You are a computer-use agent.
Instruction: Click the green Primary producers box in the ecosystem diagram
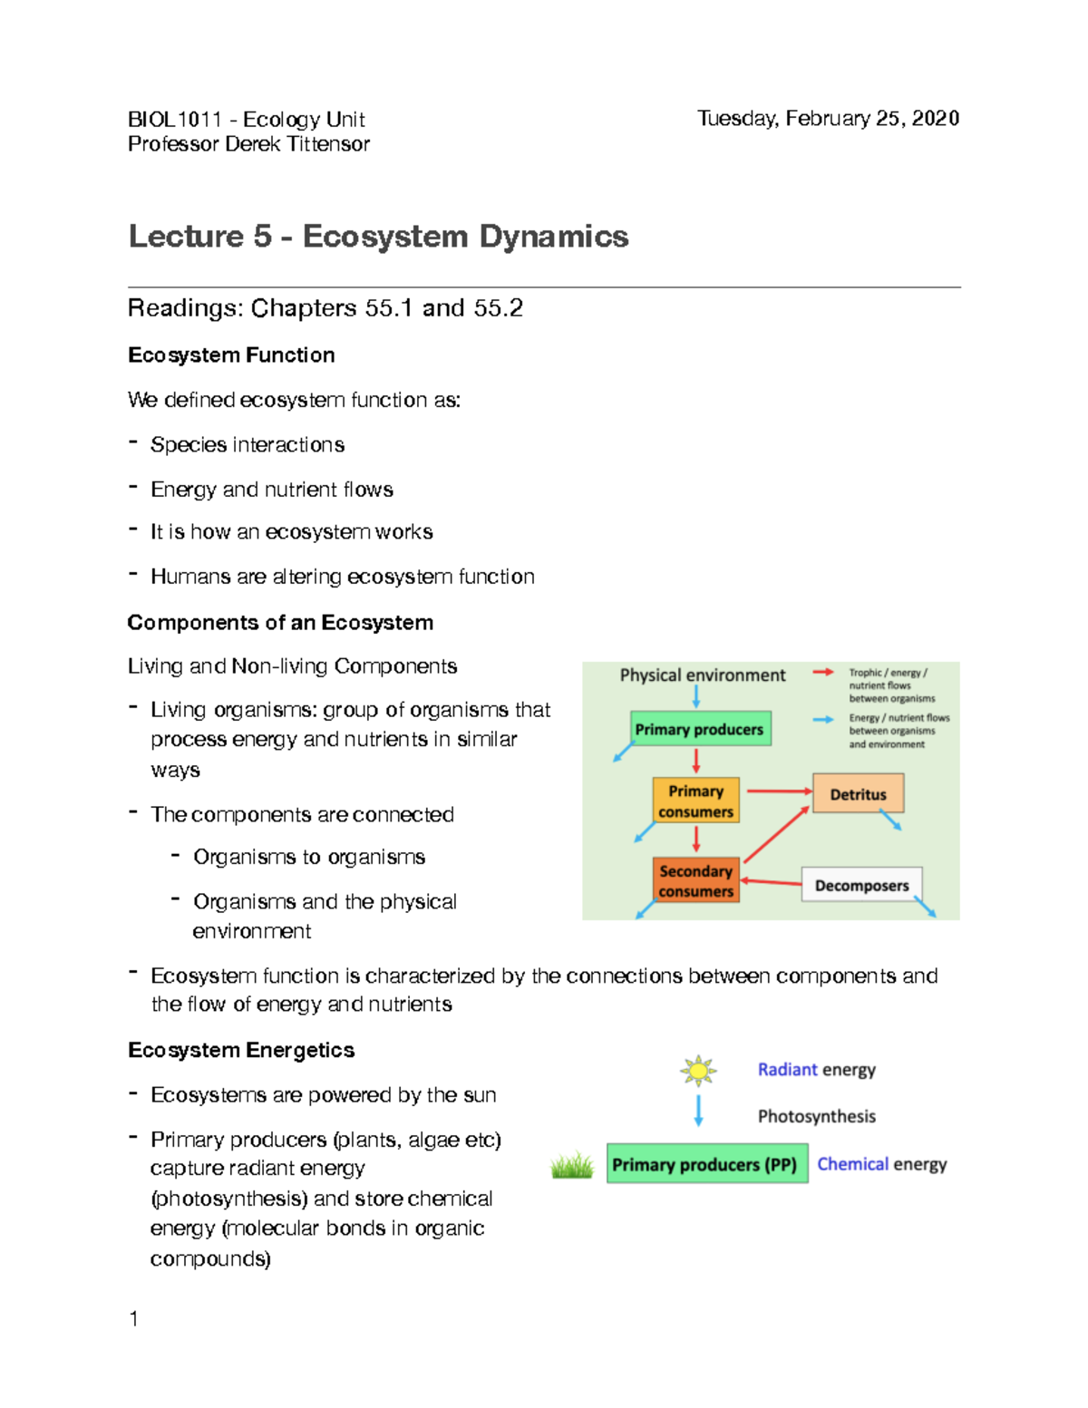tap(700, 729)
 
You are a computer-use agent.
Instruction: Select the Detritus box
tap(858, 793)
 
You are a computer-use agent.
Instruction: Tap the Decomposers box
tap(861, 885)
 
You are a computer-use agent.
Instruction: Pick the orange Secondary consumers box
tap(695, 880)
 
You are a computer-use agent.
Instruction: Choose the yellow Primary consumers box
tap(695, 801)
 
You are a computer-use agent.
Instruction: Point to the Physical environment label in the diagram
tap(702, 675)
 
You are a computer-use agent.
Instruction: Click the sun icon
tap(698, 1071)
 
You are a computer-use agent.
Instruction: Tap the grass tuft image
tap(572, 1165)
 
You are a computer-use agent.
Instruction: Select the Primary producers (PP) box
tap(706, 1164)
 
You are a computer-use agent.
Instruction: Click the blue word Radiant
tap(787, 1070)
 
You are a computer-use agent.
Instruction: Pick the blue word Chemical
tap(852, 1164)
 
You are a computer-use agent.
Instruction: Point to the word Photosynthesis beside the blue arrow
tap(816, 1116)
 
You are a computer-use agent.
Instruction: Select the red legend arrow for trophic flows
tap(822, 673)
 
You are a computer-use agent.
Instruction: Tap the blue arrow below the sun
tap(698, 1110)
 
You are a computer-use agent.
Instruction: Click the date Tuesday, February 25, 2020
tap(828, 119)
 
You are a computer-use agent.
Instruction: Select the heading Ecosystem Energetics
tap(241, 1050)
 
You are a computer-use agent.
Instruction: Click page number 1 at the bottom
tap(134, 1319)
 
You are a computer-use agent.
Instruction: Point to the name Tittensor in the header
tap(328, 144)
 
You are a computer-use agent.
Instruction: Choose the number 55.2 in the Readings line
tap(498, 308)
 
